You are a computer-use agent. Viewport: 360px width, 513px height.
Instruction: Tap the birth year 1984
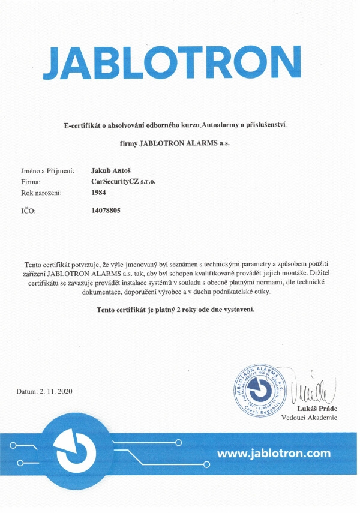pos(97,193)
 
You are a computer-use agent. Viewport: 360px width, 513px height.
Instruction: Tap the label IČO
pos(28,212)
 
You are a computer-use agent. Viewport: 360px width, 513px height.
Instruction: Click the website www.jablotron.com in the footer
pos(274,453)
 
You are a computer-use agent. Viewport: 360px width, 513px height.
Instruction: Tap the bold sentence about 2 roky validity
pos(176,310)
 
